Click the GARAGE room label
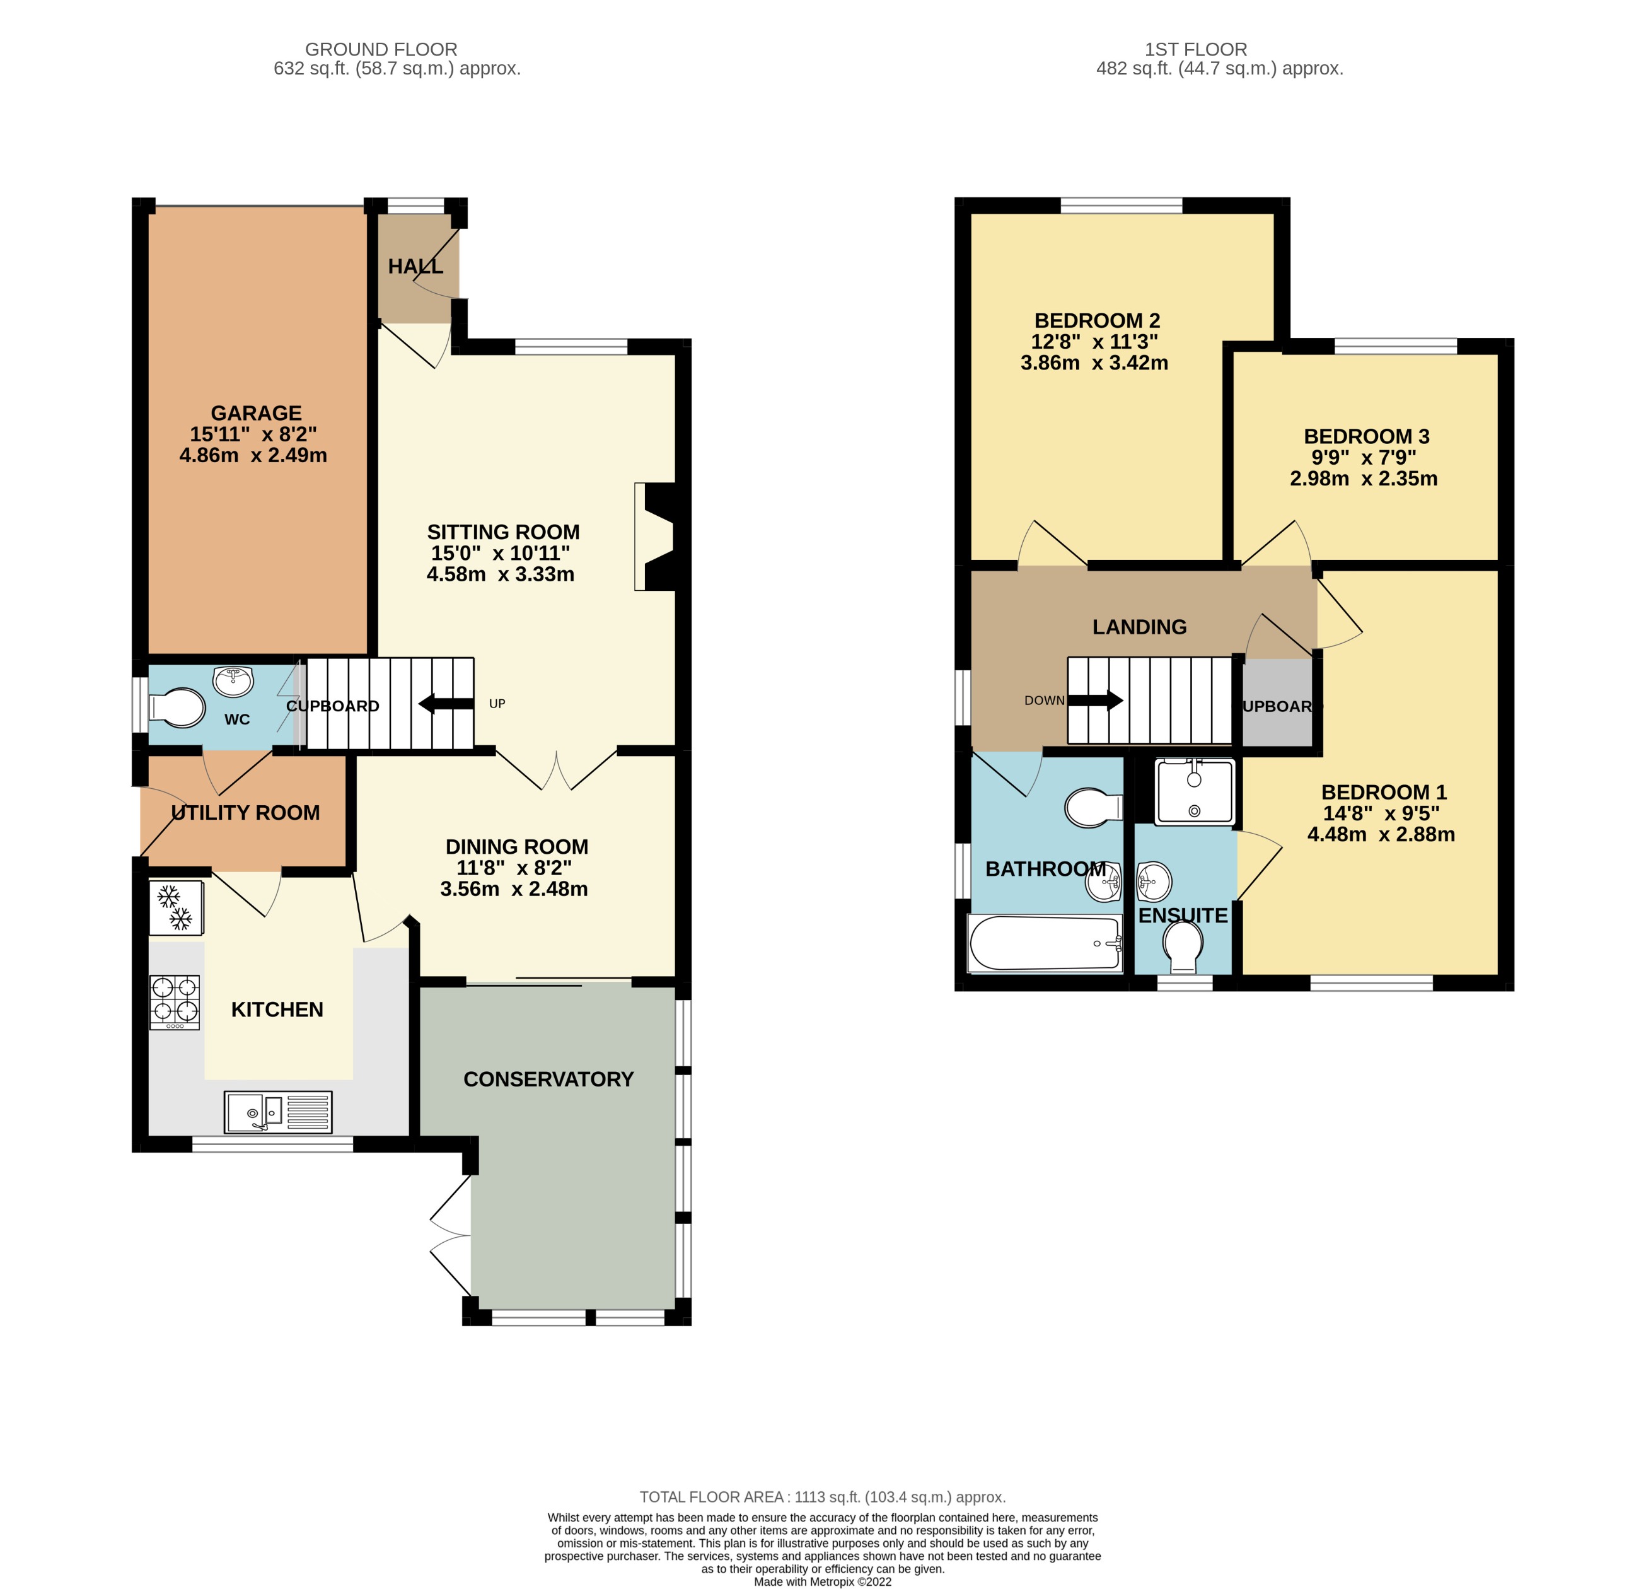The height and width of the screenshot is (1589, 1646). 256,413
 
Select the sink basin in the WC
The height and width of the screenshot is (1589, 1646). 233,681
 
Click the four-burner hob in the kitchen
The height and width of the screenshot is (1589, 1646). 175,1002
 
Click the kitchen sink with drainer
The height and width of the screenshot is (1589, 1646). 278,1113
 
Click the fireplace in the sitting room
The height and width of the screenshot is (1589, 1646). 657,537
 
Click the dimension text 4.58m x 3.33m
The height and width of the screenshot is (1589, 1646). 501,574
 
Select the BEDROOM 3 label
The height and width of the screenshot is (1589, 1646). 1366,437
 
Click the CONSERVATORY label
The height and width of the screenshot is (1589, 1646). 548,1080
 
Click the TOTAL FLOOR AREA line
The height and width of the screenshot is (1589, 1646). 822,1496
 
